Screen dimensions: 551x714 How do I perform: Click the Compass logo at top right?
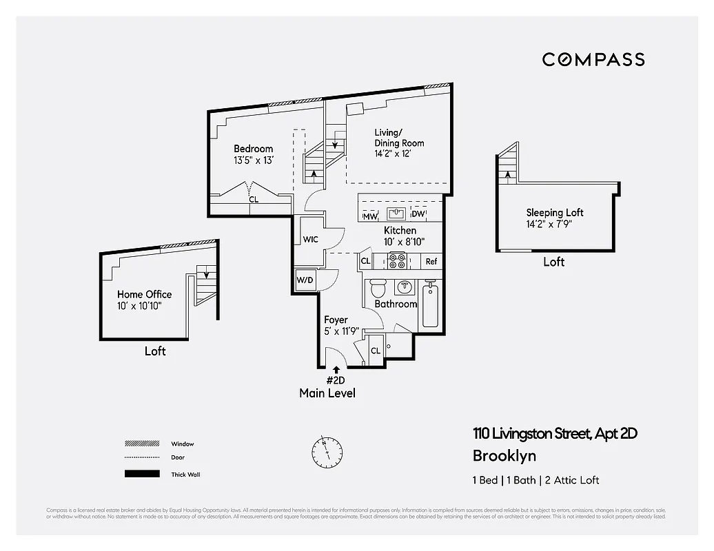tap(593, 59)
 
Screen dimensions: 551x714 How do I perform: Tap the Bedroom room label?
tap(253, 149)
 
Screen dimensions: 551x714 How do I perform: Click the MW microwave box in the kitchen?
tap(370, 216)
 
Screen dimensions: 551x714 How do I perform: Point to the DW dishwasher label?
tap(418, 215)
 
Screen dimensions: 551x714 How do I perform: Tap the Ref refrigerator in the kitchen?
tap(431, 262)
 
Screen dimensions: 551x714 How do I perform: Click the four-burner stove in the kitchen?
tap(398, 262)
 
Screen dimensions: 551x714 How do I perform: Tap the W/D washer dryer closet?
tap(305, 280)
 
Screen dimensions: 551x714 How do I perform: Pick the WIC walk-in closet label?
tap(311, 240)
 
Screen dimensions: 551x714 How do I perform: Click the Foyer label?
tap(336, 320)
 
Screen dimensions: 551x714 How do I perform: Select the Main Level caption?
tap(327, 393)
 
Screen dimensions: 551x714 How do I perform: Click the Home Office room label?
tap(144, 294)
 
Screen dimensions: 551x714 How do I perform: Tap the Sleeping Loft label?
tap(555, 213)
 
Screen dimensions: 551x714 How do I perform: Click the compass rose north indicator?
tap(327, 450)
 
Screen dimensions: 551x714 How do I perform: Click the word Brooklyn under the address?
tap(504, 456)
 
